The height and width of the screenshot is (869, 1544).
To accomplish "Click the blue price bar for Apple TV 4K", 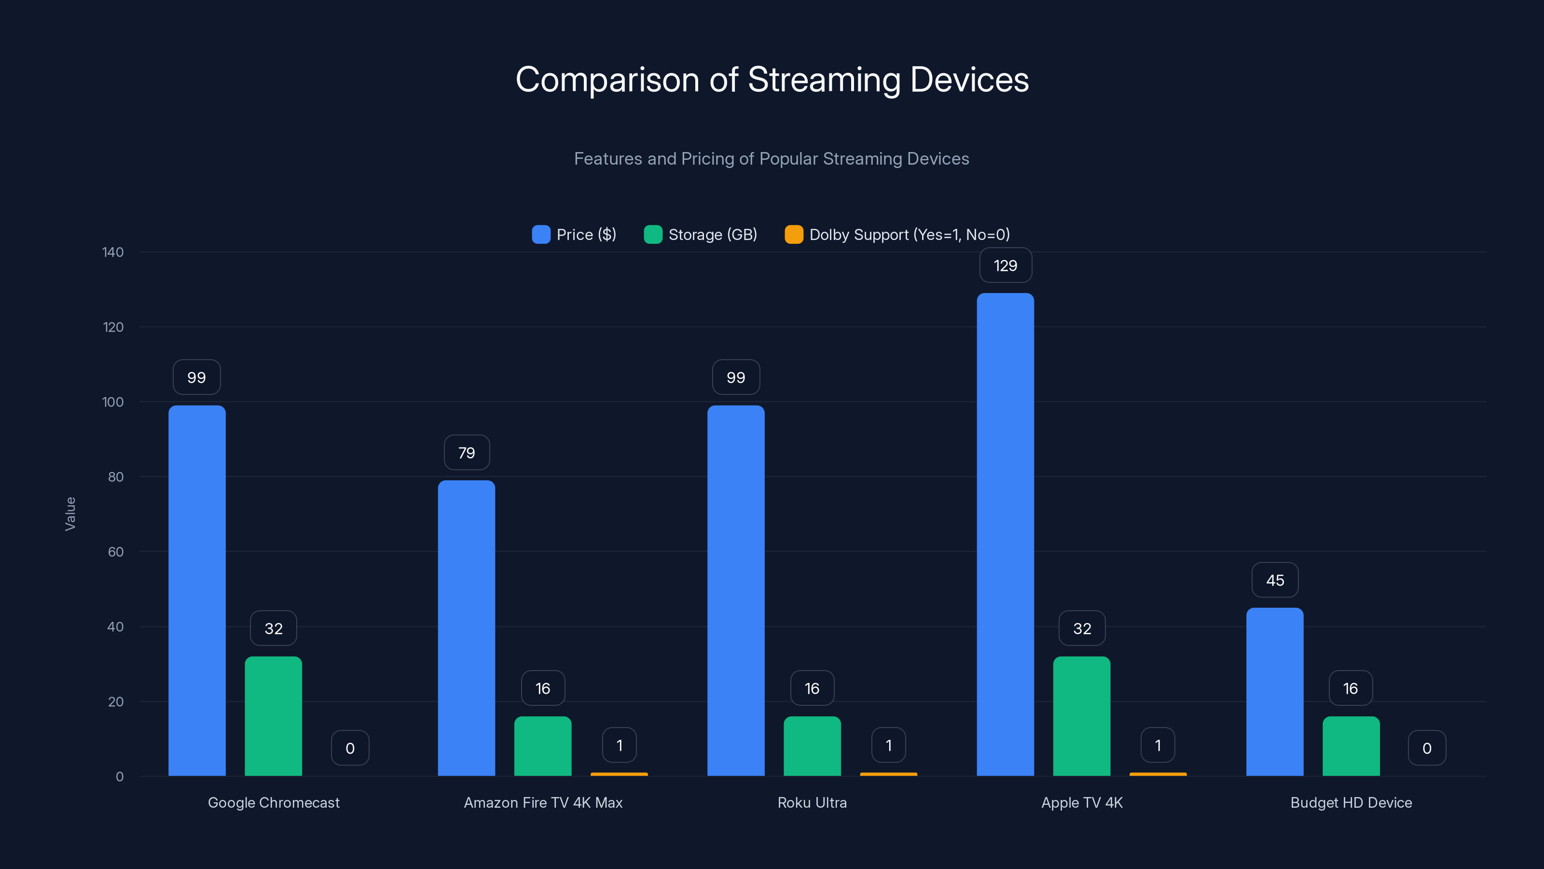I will (x=1005, y=534).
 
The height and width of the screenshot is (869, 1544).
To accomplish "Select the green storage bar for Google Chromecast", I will (x=273, y=716).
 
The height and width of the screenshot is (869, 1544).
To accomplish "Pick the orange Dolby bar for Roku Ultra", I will (x=888, y=773).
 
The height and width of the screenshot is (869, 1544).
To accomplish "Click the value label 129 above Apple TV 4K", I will (x=1005, y=265).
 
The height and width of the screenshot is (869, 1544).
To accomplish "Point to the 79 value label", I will (x=466, y=453).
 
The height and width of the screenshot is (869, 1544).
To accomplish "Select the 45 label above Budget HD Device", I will (x=1275, y=580).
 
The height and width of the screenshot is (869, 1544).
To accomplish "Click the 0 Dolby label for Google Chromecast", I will (x=350, y=748).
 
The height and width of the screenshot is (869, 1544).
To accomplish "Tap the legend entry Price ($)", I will (x=574, y=235).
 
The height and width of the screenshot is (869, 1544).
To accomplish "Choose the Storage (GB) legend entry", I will (x=700, y=235).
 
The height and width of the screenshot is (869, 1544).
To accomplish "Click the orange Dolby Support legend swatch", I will (x=794, y=235).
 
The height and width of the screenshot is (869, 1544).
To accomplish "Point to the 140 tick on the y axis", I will (x=113, y=252).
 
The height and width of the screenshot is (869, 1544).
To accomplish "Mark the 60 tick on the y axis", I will (x=116, y=552).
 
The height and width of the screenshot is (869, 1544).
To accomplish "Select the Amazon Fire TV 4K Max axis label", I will (x=543, y=802).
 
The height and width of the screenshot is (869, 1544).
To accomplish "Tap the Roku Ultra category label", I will (x=812, y=802).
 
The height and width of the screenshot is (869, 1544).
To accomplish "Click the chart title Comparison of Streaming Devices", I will (x=772, y=79).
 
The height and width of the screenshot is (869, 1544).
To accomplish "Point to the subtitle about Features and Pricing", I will (x=772, y=158).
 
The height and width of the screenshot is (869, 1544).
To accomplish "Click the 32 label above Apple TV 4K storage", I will (x=1082, y=628).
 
